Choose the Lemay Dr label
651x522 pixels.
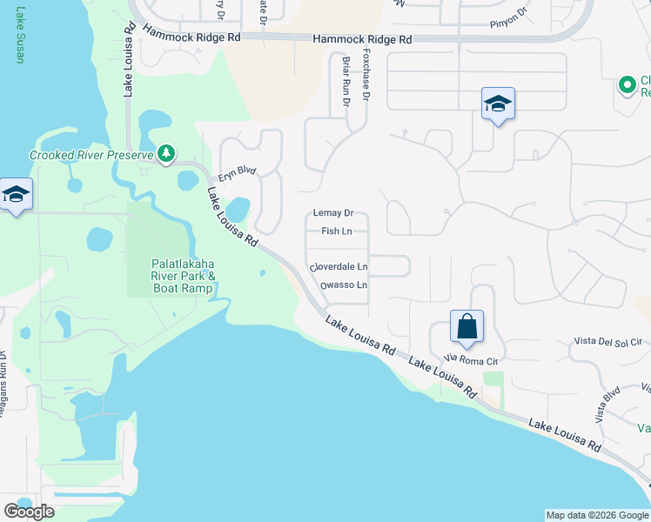click(x=332, y=213)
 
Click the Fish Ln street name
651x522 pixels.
click(x=336, y=231)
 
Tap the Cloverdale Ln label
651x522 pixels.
click(x=339, y=267)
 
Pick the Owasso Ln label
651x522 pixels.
click(x=343, y=285)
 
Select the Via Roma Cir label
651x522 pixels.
click(x=470, y=358)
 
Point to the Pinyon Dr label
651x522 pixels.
click(x=508, y=17)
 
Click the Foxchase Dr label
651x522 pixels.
click(x=366, y=77)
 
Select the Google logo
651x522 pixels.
click(x=28, y=512)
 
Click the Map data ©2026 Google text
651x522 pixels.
click(x=596, y=515)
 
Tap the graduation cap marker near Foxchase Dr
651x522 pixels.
click(x=498, y=104)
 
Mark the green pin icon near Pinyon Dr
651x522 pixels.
click(x=626, y=85)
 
